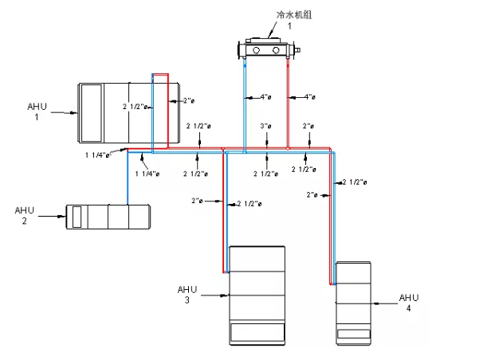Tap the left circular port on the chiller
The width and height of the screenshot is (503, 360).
point(257,51)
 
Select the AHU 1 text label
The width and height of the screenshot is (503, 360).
point(36,112)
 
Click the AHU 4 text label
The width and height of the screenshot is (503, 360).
point(408,303)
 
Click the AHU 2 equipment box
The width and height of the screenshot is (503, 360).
point(108,217)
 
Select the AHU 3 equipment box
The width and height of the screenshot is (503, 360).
point(257,295)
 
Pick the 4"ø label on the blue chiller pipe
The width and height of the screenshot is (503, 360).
point(266,97)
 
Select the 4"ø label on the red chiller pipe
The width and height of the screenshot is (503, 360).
point(310,97)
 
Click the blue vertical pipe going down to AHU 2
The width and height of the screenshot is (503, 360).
point(128,179)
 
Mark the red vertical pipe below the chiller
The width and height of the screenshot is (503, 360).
point(288,104)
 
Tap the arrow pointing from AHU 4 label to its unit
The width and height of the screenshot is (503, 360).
point(386,303)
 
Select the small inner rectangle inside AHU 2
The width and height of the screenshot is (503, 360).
point(77,217)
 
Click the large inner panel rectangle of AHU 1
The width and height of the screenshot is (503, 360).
point(90,112)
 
